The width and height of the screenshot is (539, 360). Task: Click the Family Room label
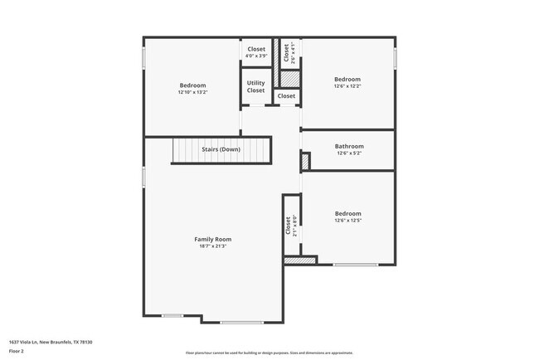tap(212, 239)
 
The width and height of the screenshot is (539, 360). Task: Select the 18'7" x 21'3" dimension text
tap(212, 246)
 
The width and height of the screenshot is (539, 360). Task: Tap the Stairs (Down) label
tap(221, 150)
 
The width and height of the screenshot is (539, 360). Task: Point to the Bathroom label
tap(349, 146)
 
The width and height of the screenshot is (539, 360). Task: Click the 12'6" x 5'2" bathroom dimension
tap(349, 153)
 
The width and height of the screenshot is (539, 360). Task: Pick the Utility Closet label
tap(256, 86)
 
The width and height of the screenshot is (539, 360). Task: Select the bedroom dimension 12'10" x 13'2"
tap(192, 92)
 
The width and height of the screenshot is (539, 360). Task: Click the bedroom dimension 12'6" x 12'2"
tap(347, 85)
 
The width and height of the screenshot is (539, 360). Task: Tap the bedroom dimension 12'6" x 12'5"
tap(347, 221)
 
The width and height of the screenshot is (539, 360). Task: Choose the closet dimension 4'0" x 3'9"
tap(256, 56)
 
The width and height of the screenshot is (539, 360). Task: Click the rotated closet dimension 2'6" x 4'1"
tap(292, 53)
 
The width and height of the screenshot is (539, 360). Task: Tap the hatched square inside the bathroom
tap(305, 158)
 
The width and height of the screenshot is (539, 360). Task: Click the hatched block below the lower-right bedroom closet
tap(300, 260)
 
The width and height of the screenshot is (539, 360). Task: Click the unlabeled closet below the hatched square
tap(286, 96)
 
